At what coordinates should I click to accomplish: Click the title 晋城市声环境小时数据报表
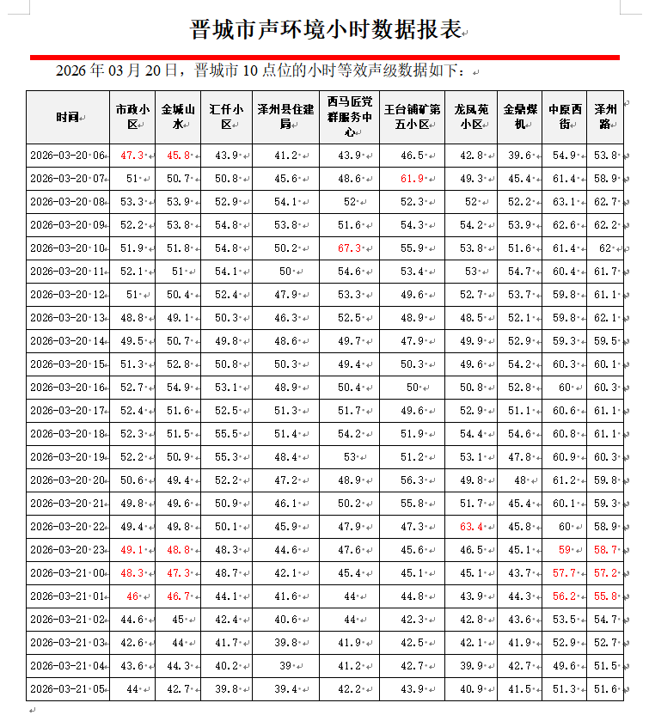coord(324,30)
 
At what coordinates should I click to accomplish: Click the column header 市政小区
coord(132,117)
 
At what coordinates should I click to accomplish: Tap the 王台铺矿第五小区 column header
coord(412,117)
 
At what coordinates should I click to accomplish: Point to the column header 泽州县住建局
coord(285,117)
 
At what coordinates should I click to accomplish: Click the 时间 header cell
coord(67,117)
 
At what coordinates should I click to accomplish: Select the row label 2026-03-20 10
coord(67,248)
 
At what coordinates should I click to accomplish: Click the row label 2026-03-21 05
coord(67,689)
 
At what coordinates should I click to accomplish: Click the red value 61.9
coord(412,179)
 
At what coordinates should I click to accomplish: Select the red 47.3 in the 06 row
coord(132,156)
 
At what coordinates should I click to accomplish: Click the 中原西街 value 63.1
coord(565,202)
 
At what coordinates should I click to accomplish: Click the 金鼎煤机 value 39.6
coord(519,156)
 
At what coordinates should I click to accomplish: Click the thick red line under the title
coord(324,57)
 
